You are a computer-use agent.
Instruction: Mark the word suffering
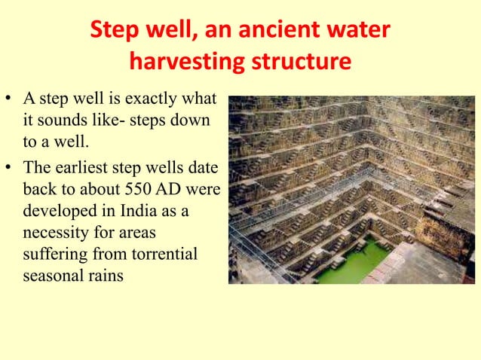pyautogui.click(x=50, y=253)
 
